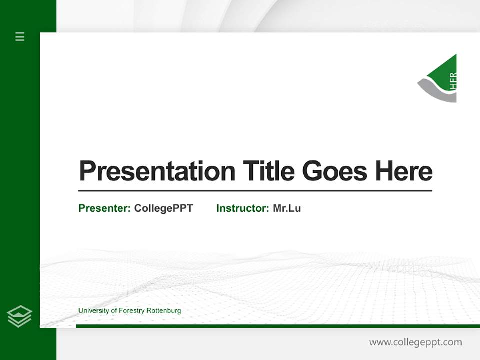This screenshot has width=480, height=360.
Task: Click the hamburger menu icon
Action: pyautogui.click(x=20, y=36)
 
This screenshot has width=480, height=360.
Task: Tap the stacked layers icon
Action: pyautogui.click(x=19, y=316)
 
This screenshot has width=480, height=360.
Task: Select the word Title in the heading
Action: pyautogui.click(x=269, y=171)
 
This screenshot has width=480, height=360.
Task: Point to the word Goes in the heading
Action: pyautogui.click(x=335, y=171)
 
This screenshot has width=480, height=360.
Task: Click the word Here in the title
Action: pyautogui.click(x=403, y=171)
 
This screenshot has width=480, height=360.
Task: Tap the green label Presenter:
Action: pyautogui.click(x=104, y=208)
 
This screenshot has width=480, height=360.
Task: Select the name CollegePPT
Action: pyautogui.click(x=163, y=208)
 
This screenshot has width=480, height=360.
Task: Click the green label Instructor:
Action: pyautogui.click(x=242, y=208)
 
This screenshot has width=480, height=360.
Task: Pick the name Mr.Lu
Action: pyautogui.click(x=287, y=208)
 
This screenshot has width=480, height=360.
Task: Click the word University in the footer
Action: pyautogui.click(x=94, y=311)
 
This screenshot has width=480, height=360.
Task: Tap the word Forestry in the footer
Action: pyautogui.click(x=131, y=311)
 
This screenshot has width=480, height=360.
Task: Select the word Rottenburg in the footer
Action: pyautogui.click(x=163, y=311)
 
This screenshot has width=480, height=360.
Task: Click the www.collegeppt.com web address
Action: pyautogui.click(x=415, y=342)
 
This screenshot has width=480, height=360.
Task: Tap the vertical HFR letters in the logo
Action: pyautogui.click(x=453, y=81)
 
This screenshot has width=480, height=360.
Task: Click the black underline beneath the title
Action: pyautogui.click(x=255, y=190)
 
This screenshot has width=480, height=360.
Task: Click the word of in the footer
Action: pyautogui.click(x=114, y=311)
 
